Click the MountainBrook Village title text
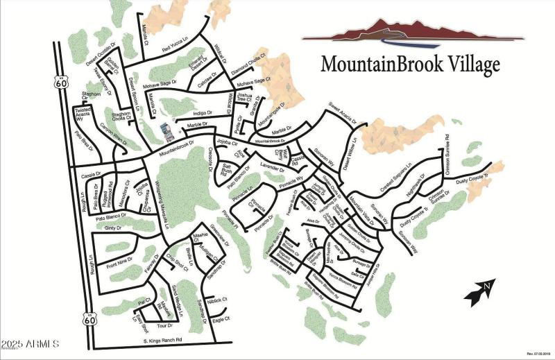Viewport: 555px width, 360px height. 410,64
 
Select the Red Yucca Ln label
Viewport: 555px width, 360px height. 175,49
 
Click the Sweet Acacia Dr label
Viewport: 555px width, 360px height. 342,112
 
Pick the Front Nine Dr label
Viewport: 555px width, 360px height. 119,263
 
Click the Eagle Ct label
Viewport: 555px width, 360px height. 221,319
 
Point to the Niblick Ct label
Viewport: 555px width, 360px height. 218,300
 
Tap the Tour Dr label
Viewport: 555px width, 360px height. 164,325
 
